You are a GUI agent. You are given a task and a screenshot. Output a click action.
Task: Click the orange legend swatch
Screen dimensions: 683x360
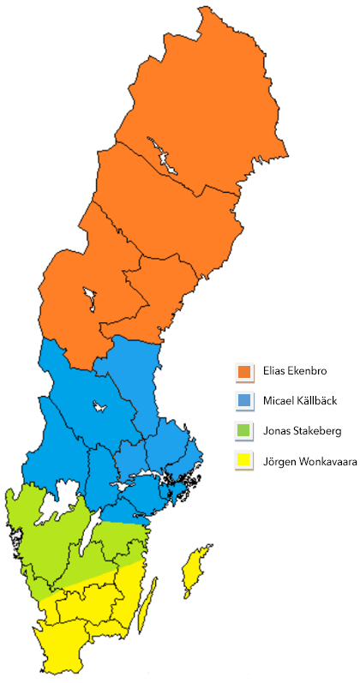pyautogui.click(x=245, y=372)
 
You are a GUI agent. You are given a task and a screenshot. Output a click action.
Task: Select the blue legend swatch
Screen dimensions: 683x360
pyautogui.click(x=245, y=400)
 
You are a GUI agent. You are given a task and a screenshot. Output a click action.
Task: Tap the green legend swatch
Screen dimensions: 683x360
pyautogui.click(x=245, y=430)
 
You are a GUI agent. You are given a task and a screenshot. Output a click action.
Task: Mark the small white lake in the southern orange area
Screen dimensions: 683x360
pyautogui.click(x=89, y=297)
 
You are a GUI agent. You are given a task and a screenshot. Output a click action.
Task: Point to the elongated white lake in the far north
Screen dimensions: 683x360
pyautogui.click(x=163, y=154)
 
